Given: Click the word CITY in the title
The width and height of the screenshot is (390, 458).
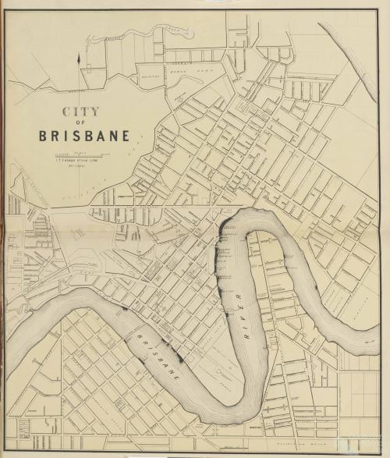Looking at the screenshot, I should click(x=80, y=112).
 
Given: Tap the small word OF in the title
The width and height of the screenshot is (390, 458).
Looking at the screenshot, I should click(x=80, y=123).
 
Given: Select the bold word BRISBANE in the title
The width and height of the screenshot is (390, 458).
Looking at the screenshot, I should click(x=84, y=136).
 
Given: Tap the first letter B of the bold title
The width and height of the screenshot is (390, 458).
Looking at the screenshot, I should click(x=44, y=136).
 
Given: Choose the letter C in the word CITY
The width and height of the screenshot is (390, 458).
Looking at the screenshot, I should click(x=67, y=112).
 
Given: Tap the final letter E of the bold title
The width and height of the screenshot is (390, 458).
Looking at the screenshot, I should click(x=126, y=136).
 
